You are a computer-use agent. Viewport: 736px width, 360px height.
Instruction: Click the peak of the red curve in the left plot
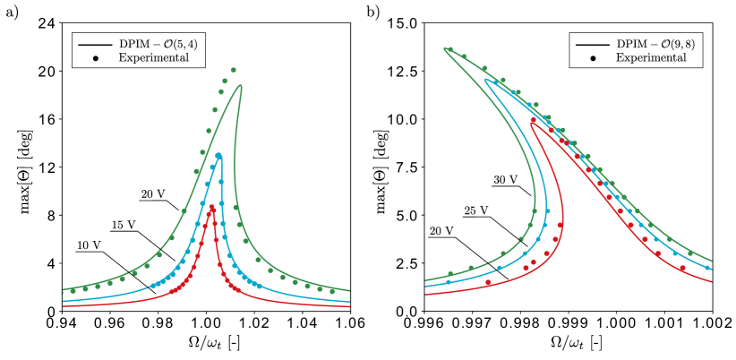pyautogui.click(x=212, y=207)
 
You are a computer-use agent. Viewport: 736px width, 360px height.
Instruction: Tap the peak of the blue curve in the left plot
pyautogui.click(x=218, y=155)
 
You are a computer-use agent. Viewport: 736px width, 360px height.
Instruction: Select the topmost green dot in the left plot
pyautogui.click(x=233, y=69)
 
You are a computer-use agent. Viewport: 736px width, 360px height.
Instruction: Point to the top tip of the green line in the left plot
pyautogui.click(x=240, y=85)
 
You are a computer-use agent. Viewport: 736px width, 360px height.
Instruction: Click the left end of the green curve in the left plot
pyautogui.click(x=63, y=290)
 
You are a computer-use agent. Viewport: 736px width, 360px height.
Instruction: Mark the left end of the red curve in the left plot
pyautogui.click(x=63, y=306)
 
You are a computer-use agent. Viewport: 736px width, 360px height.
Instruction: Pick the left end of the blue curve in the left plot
pyautogui.click(x=63, y=302)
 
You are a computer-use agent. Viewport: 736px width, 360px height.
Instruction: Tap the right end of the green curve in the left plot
pyautogui.click(x=349, y=290)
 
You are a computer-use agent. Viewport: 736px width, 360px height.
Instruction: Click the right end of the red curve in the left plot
pyautogui.click(x=349, y=306)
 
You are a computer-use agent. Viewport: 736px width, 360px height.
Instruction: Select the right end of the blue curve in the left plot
pyautogui.click(x=349, y=302)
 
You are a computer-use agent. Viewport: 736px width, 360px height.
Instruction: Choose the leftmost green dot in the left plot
pyautogui.click(x=73, y=290)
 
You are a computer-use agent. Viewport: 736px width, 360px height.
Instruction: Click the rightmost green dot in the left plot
pyautogui.click(x=332, y=291)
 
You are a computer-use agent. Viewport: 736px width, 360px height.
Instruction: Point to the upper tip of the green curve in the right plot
pyautogui.click(x=444, y=48)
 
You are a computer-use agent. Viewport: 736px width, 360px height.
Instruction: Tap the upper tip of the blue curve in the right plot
pyautogui.click(x=484, y=80)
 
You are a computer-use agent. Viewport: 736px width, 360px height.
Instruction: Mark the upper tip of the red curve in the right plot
pyautogui.click(x=531, y=121)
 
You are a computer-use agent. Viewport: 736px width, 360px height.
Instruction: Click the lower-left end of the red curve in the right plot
pyautogui.click(x=425, y=295)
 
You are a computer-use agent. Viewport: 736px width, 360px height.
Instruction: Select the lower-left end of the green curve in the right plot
pyautogui.click(x=425, y=280)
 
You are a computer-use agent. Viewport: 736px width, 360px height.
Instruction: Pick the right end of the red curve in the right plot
pyautogui.click(x=712, y=282)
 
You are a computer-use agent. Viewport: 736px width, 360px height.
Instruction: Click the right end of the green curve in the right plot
pyautogui.click(x=712, y=261)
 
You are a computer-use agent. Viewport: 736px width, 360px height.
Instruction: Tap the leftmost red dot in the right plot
pyautogui.click(x=488, y=282)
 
